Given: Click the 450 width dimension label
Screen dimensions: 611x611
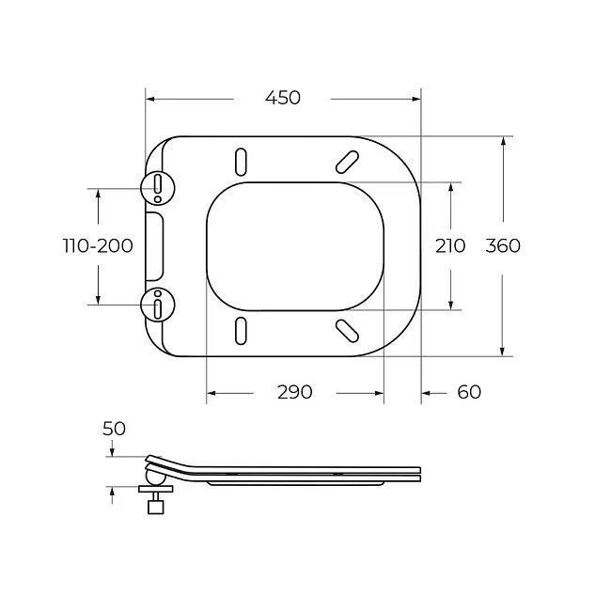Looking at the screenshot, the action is pos(283,98).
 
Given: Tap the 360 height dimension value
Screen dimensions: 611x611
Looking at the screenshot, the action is pos(503,246).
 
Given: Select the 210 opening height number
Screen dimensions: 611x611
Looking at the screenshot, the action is pos(450,246).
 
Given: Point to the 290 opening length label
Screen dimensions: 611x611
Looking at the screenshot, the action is pos(294,392).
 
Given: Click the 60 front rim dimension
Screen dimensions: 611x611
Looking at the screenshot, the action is pos(469,392).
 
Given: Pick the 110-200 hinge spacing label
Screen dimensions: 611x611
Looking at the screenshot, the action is pos(98,246).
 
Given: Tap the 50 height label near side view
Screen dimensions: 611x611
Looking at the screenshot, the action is pos(114,429).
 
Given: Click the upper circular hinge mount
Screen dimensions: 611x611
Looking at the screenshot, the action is pos(157,188).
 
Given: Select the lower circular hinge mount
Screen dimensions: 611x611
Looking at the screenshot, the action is pos(157,305).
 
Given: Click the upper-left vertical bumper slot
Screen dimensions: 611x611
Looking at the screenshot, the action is pos(241,162).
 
